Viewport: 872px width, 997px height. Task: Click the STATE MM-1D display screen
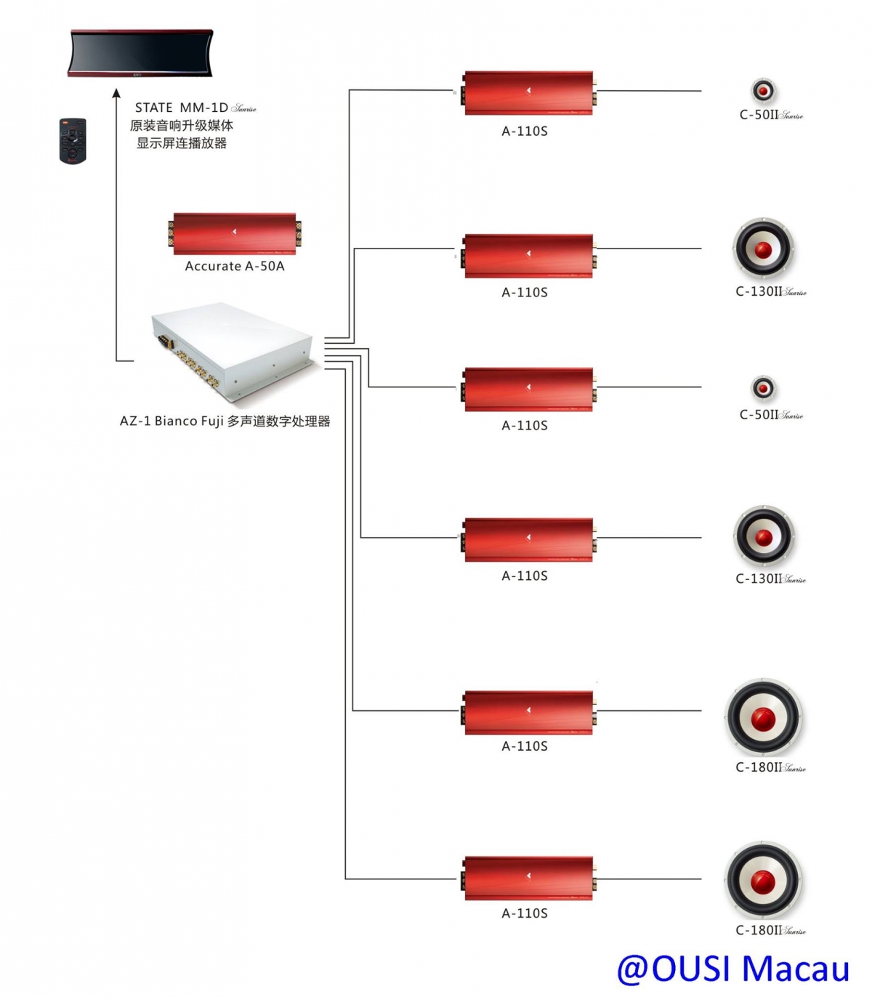(x=141, y=52)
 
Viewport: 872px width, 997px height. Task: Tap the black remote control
(x=73, y=140)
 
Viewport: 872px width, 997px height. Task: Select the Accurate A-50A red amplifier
(x=235, y=233)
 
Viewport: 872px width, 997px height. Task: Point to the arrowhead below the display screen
(x=116, y=93)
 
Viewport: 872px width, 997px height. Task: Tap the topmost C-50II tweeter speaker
(x=763, y=91)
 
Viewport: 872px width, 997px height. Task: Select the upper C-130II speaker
(x=763, y=249)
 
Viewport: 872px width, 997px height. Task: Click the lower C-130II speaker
(x=763, y=537)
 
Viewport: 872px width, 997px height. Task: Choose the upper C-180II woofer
(x=763, y=718)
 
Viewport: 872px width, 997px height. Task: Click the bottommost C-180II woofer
(x=763, y=881)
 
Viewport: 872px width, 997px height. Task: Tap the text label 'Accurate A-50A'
(x=235, y=267)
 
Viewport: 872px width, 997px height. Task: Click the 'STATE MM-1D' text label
(x=182, y=108)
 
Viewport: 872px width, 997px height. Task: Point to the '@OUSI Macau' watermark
(x=732, y=969)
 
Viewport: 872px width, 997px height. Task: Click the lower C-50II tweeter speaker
(x=763, y=388)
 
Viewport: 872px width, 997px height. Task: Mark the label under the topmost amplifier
(x=525, y=132)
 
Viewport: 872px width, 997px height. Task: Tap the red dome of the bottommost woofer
(x=763, y=881)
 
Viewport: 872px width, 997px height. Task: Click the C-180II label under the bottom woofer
(x=770, y=930)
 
